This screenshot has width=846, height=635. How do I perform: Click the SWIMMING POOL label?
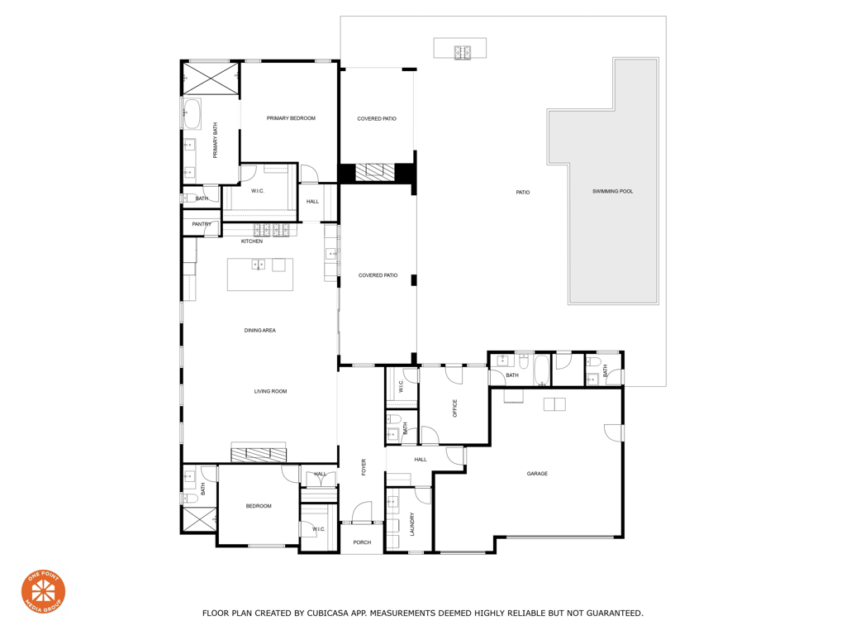[x=612, y=192]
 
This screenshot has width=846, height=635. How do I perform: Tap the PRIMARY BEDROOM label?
[x=291, y=118]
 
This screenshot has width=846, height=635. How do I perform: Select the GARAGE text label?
[x=537, y=474]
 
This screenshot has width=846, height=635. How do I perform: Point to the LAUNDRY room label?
[x=411, y=523]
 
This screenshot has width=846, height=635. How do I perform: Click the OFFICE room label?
[x=455, y=408]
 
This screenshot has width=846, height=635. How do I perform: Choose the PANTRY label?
[x=202, y=224]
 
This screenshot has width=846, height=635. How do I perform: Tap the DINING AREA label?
[x=259, y=331]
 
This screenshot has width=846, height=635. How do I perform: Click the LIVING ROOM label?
[x=270, y=391]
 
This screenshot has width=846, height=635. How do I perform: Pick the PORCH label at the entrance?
[x=362, y=542]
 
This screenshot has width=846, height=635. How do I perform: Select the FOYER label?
[x=364, y=468]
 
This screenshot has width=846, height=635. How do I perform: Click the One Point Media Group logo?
[x=43, y=590]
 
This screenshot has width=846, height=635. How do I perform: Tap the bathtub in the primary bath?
[x=192, y=114]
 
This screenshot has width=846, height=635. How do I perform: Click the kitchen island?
[x=260, y=275]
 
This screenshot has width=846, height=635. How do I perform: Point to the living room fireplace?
[x=259, y=452]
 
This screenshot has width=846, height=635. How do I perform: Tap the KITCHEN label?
[x=252, y=241]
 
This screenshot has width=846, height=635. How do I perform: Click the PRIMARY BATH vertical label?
[x=216, y=141]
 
